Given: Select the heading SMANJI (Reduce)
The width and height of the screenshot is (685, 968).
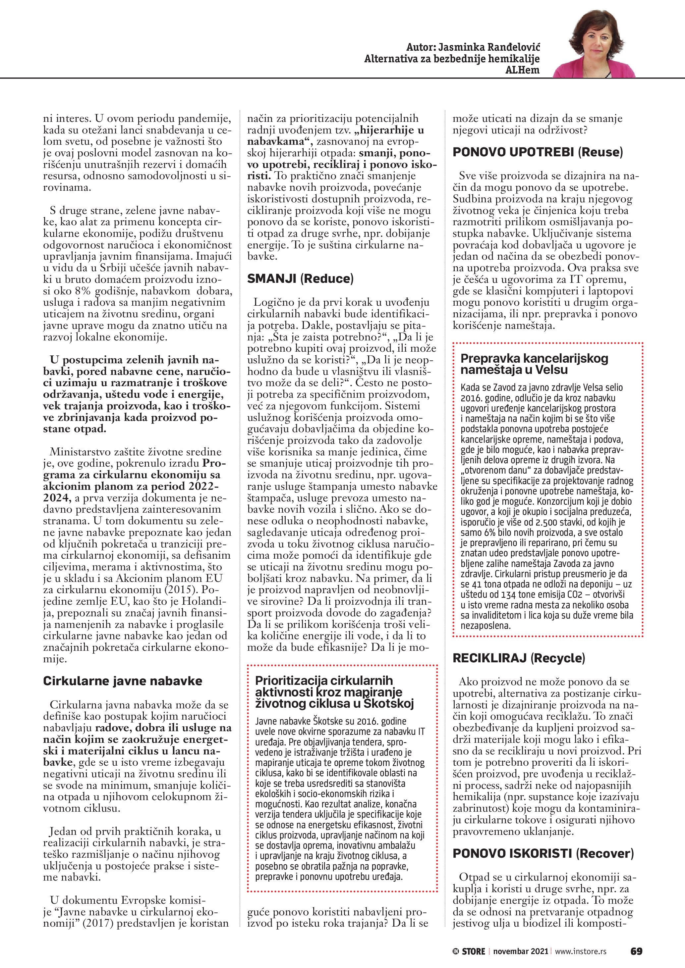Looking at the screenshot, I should pyautogui.click(x=300, y=279).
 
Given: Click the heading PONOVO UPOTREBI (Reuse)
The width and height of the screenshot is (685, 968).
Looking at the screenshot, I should pyautogui.click(x=538, y=152).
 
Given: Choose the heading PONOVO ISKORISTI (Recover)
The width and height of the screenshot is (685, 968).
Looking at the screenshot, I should pyautogui.click(x=543, y=853).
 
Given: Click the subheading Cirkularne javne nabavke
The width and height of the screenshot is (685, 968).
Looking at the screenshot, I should pyautogui.click(x=122, y=681).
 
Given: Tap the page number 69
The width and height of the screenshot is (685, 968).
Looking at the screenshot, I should pyautogui.click(x=636, y=951).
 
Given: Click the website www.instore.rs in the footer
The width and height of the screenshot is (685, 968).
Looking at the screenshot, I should pyautogui.click(x=580, y=951).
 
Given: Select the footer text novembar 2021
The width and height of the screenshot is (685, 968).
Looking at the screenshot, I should pyautogui.click(x=521, y=951).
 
